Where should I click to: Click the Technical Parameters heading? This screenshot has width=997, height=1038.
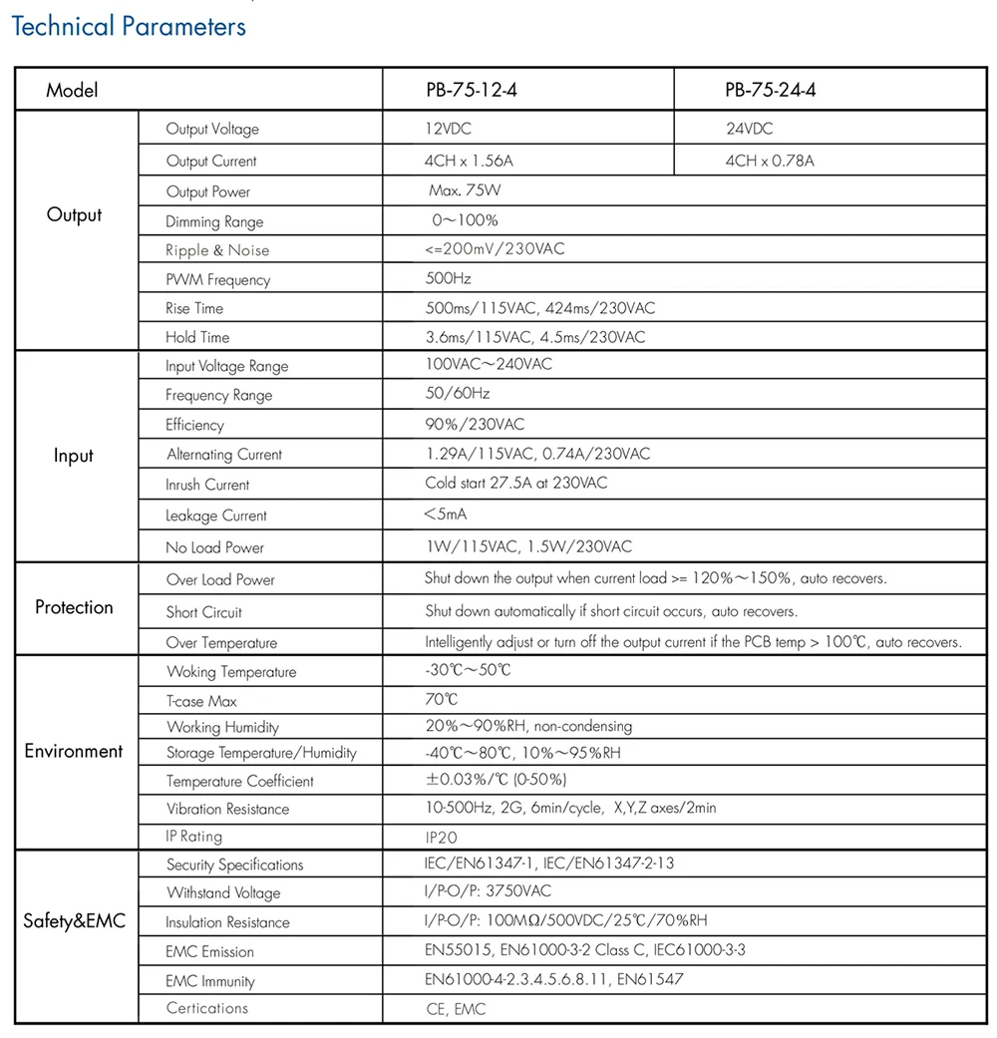point(128,26)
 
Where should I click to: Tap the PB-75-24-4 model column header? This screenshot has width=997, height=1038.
point(771,91)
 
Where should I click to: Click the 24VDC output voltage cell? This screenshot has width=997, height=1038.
point(749,129)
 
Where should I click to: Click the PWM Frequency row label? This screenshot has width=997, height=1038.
point(217,280)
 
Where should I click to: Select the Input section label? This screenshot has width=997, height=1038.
point(74,456)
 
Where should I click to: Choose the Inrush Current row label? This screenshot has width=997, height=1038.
point(207,485)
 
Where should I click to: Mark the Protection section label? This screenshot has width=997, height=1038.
point(74,607)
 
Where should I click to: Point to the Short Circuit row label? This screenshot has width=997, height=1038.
point(203,612)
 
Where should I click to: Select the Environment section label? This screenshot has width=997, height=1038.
point(74,751)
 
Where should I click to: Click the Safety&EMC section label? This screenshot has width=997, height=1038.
point(74,920)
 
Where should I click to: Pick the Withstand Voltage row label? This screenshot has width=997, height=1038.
point(223,893)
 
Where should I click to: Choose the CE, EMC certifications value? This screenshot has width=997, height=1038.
point(456,1009)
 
